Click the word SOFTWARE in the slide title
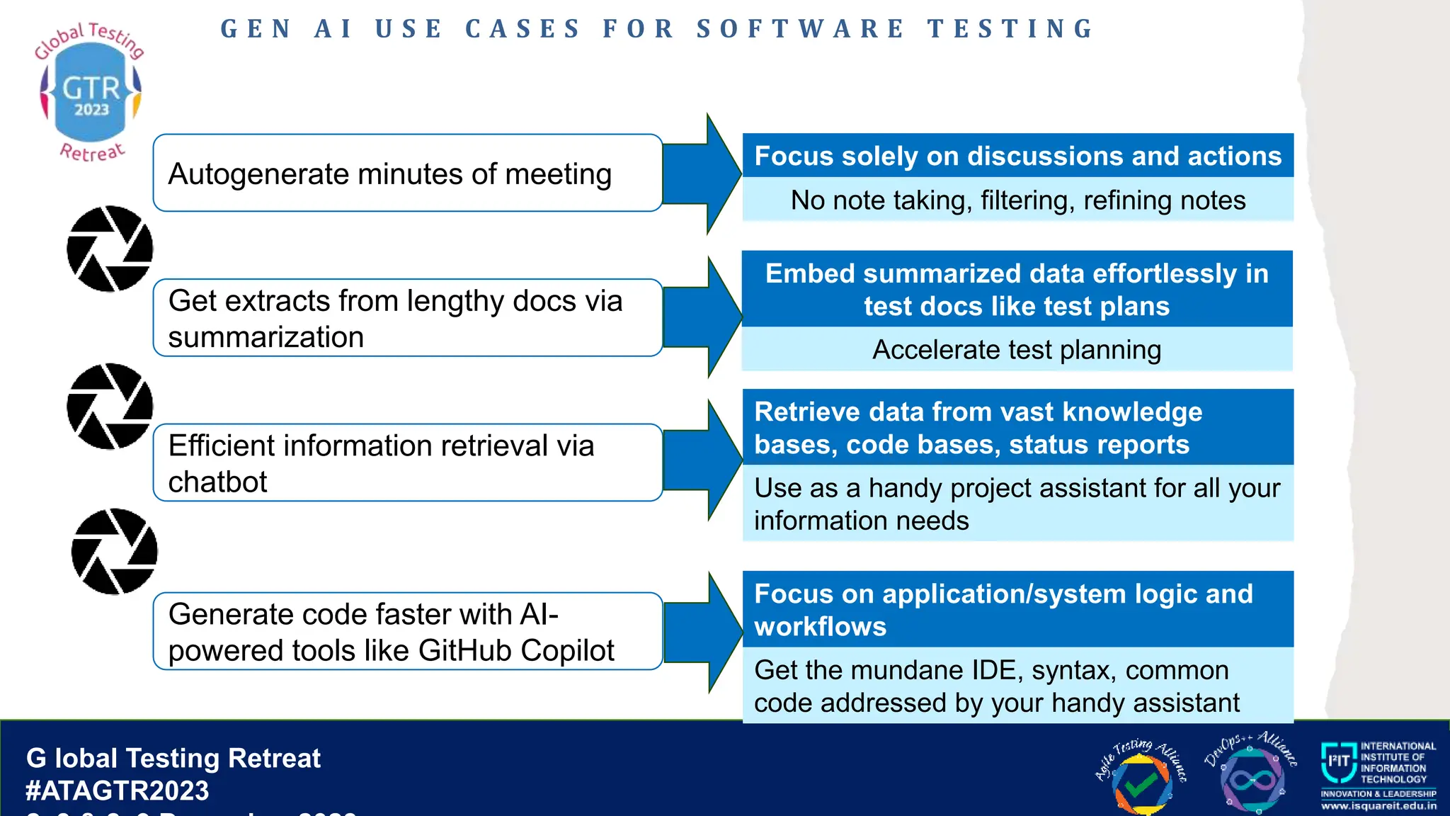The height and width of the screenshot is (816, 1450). [x=800, y=29]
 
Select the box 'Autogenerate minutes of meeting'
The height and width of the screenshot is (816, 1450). [x=407, y=174]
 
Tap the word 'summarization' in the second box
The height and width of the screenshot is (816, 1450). [x=266, y=337]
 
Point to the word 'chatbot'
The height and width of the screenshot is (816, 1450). [x=217, y=482]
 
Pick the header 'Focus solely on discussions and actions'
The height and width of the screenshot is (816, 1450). [x=1017, y=156]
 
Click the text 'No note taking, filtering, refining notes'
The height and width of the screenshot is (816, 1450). [x=1017, y=200]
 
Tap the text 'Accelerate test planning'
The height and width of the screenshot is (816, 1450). [x=1017, y=350]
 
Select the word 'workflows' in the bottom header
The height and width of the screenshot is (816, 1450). [x=820, y=627]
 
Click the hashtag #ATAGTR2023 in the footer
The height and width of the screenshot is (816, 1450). [x=118, y=790]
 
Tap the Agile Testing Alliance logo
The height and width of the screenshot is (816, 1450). [x=1141, y=776]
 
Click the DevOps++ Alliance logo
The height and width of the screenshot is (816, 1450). [x=1251, y=775]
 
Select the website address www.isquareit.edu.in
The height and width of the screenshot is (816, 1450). [x=1378, y=806]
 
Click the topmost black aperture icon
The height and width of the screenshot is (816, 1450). [x=110, y=249]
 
